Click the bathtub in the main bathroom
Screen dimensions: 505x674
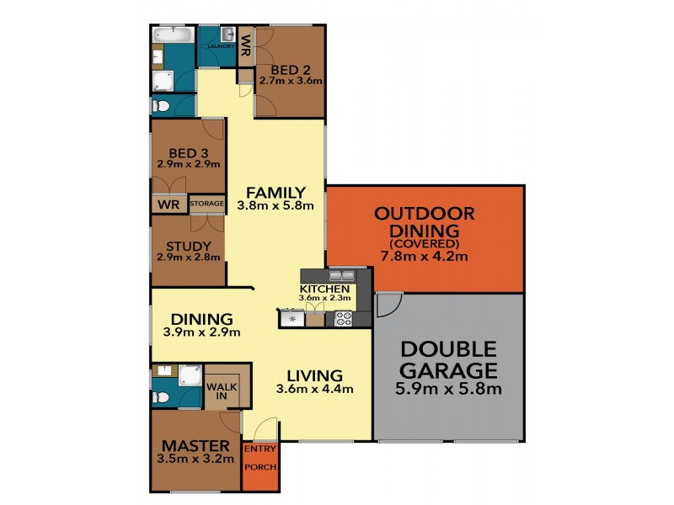click(173, 35)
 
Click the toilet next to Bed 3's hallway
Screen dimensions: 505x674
click(163, 105)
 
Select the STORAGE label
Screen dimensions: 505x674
click(206, 204)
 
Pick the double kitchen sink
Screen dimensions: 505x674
click(341, 275)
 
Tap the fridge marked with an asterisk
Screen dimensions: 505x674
click(292, 319)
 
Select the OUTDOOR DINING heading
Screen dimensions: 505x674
click(425, 221)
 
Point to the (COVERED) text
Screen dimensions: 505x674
click(425, 243)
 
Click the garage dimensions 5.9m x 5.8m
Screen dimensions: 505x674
click(448, 389)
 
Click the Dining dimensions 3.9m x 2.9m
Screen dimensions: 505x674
click(201, 332)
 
